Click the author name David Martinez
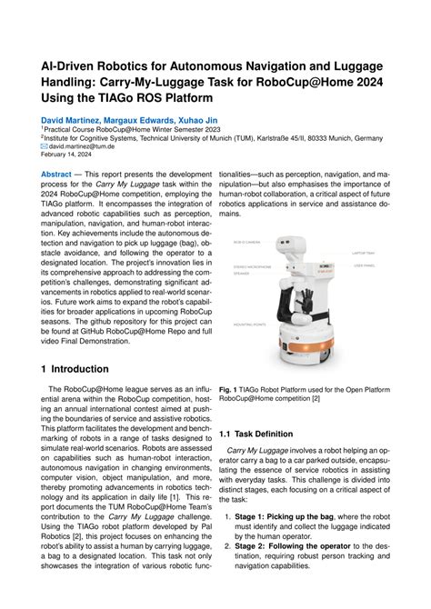click(x=64, y=118)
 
